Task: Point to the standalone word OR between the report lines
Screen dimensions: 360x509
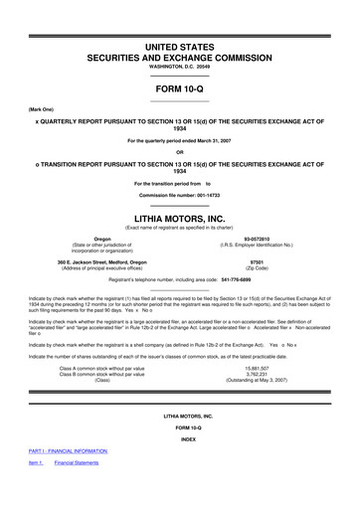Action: pos(179,151)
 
